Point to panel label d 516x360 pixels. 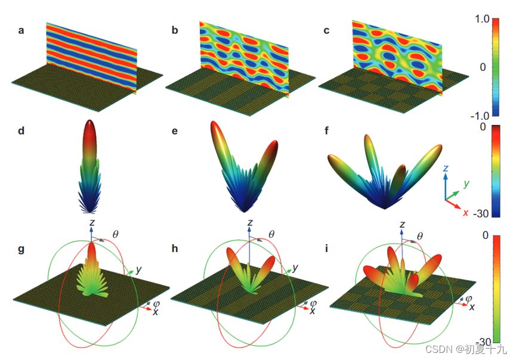click(x=21, y=130)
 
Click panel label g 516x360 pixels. click(x=21, y=249)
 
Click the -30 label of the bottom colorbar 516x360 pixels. click(x=481, y=342)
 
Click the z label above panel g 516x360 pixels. click(x=91, y=222)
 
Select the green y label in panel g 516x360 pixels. click(x=138, y=269)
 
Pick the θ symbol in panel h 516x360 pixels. click(x=273, y=235)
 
